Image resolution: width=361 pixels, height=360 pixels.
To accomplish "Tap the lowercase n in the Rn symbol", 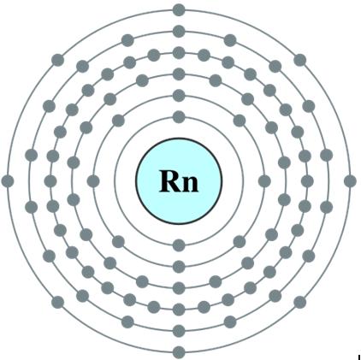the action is pyautogui.click(x=190, y=184).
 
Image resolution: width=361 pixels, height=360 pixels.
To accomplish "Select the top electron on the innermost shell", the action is pyautogui.click(x=179, y=117).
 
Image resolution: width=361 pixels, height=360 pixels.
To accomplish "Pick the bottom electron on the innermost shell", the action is pyautogui.click(x=179, y=245).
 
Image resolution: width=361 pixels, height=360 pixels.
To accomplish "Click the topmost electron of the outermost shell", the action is pyautogui.click(x=179, y=10).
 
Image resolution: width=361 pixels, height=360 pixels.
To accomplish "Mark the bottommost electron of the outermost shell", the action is pyautogui.click(x=179, y=352).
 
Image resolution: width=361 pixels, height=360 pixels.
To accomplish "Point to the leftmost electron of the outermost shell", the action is pyautogui.click(x=8, y=181).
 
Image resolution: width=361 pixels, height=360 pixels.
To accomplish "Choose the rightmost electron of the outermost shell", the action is pyautogui.click(x=350, y=181).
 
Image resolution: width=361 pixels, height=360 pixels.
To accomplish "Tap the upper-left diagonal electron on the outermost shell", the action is pyautogui.click(x=58, y=60).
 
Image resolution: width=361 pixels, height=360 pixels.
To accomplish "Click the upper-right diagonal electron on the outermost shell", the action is pyautogui.click(x=300, y=60).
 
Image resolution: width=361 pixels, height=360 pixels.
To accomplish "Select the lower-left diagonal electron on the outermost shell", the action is pyautogui.click(x=58, y=302).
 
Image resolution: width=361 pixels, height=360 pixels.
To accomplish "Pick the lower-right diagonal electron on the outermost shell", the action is pyautogui.click(x=300, y=302).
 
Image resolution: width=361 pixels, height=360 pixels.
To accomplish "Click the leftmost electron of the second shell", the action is pyautogui.click(x=93, y=181).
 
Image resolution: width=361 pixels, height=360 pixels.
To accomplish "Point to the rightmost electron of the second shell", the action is pyautogui.click(x=264, y=181).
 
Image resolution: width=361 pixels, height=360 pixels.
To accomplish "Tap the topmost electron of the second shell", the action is pyautogui.click(x=179, y=96).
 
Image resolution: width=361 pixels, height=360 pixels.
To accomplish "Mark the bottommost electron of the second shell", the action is pyautogui.click(x=179, y=267).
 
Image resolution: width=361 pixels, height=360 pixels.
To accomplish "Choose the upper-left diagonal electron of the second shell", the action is pyautogui.click(x=118, y=121).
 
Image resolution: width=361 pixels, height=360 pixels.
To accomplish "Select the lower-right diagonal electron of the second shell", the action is pyautogui.click(x=240, y=242).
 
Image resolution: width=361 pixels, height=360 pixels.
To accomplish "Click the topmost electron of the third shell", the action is pyautogui.click(x=179, y=74).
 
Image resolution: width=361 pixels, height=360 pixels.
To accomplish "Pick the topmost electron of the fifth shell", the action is pyautogui.click(x=179, y=32).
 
